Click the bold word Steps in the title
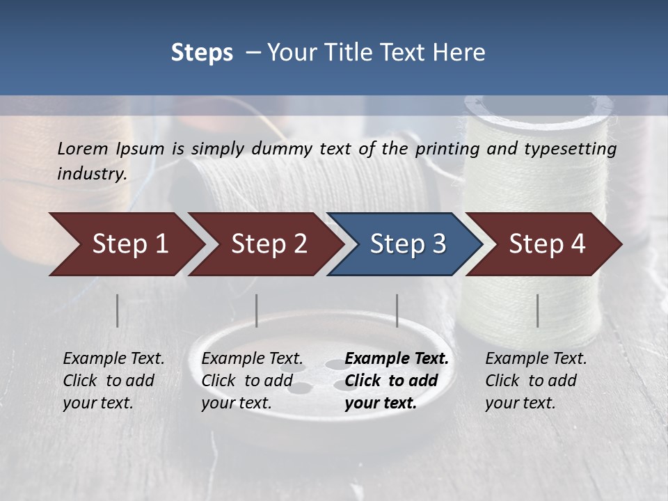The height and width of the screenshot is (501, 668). tap(202, 53)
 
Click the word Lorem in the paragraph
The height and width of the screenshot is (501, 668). tap(83, 149)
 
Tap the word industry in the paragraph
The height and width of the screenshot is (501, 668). tap(92, 174)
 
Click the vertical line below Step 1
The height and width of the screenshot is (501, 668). tap(118, 310)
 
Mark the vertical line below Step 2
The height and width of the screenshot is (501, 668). tap(257, 310)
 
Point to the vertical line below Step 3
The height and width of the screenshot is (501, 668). tap(397, 310)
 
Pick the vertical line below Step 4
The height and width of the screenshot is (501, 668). tap(537, 310)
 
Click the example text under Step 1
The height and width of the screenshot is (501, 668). tap(113, 381)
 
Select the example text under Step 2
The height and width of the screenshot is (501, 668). tap(252, 381)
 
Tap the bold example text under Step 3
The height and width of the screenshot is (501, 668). tap(397, 381)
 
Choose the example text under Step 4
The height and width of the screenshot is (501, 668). tap(536, 381)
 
